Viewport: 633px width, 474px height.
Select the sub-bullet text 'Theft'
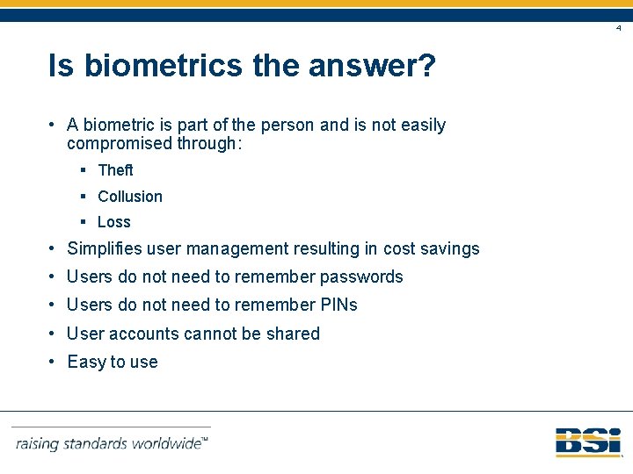tap(115, 170)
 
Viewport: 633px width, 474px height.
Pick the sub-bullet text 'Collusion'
tap(130, 197)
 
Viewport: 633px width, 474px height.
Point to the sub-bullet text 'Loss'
tap(114, 222)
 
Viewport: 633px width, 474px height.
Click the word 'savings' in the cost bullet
tap(451, 248)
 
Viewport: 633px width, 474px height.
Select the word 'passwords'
tap(361, 276)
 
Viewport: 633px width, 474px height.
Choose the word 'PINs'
tap(338, 305)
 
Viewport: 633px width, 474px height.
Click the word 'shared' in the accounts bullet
tap(294, 334)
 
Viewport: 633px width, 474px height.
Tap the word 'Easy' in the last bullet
tap(85, 362)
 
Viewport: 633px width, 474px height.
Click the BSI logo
tap(588, 442)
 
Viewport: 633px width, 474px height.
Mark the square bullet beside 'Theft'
tap(81, 170)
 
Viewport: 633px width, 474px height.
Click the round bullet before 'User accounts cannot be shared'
tap(54, 334)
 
